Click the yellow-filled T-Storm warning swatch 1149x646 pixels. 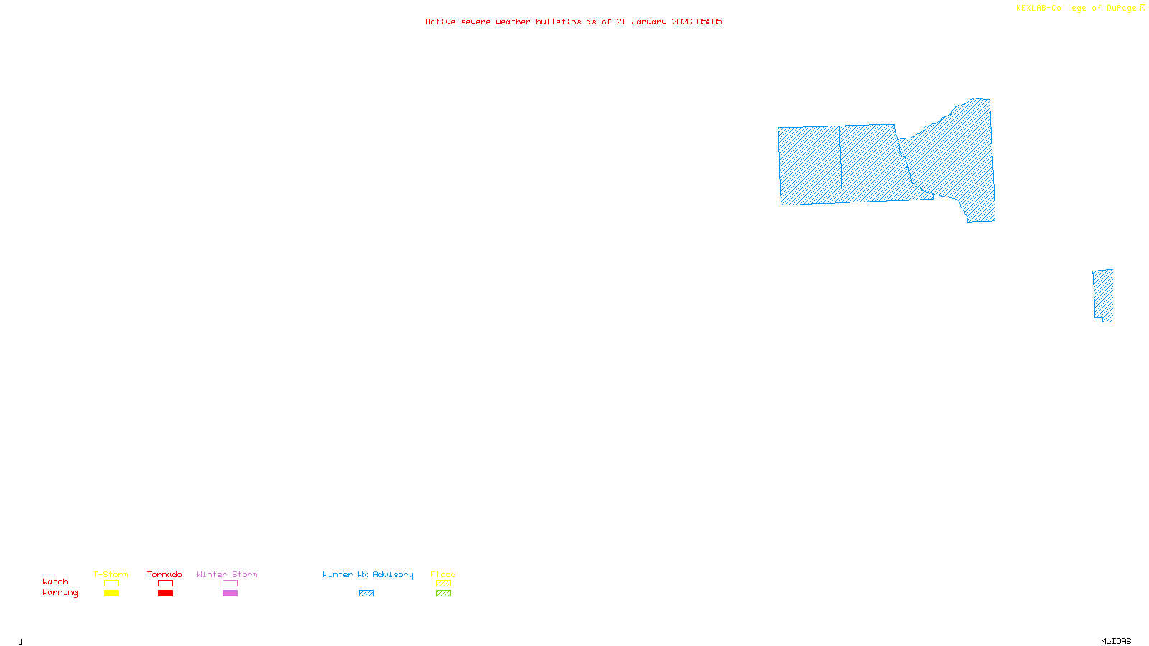[x=111, y=594]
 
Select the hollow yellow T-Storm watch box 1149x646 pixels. [x=111, y=584]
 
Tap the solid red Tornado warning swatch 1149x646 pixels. [x=165, y=594]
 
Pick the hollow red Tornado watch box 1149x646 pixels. [x=165, y=584]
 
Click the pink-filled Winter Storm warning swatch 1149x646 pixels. [x=230, y=594]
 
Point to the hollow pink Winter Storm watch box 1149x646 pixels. [x=230, y=584]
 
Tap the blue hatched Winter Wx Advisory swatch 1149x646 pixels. [x=366, y=594]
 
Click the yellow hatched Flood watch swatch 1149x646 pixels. [x=443, y=584]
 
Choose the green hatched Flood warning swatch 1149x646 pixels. [x=443, y=594]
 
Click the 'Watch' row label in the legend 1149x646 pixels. [x=55, y=582]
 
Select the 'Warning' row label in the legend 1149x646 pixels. [x=60, y=593]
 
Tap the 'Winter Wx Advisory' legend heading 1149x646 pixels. [x=368, y=574]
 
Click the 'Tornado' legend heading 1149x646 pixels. [x=164, y=574]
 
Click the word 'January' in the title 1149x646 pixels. [x=649, y=22]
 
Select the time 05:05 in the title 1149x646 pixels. [x=710, y=22]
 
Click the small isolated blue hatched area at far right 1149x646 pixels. [x=1103, y=295]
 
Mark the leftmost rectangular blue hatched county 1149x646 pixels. [x=810, y=166]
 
